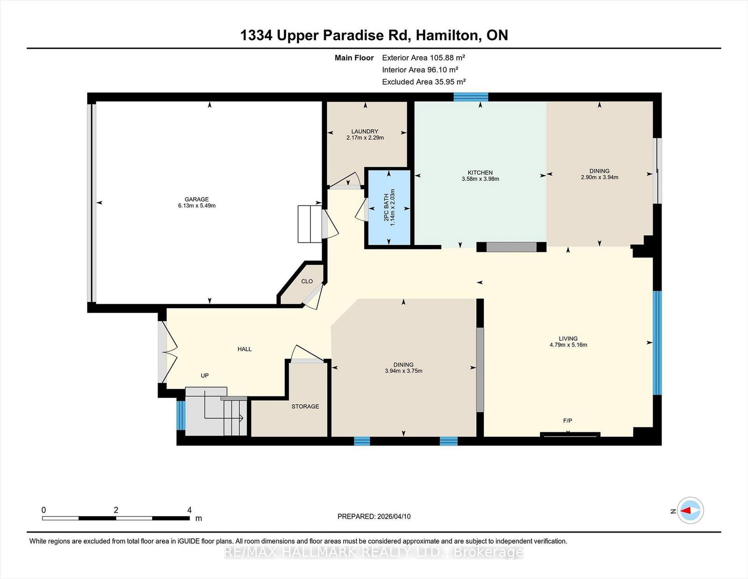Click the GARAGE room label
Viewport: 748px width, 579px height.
196,199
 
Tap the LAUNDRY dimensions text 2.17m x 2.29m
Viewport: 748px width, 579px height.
365,138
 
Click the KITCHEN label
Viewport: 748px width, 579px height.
480,173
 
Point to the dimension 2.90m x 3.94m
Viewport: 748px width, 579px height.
599,177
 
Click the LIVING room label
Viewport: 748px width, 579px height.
568,338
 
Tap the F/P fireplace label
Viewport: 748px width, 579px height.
567,421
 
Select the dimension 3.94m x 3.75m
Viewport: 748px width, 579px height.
403,371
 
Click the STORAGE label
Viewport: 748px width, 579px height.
305,406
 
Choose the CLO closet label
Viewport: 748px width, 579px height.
307,281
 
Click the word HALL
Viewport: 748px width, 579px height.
245,349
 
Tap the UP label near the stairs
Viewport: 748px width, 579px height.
204,375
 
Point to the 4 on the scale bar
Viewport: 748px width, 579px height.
189,510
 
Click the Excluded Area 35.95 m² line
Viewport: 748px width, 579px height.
424,81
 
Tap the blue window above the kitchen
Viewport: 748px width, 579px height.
471,97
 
